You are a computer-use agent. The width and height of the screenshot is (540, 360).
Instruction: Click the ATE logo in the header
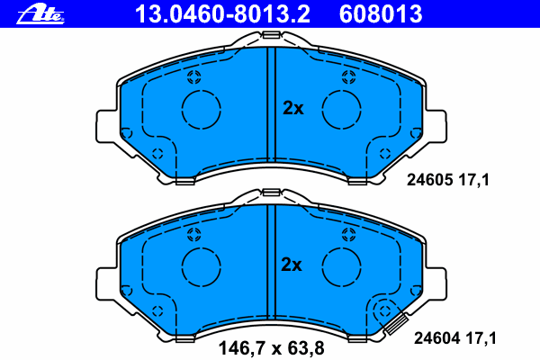(x=40, y=14)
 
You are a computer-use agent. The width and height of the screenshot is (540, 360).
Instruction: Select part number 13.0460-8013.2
(x=223, y=14)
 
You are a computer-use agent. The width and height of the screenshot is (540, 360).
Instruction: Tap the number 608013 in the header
(x=381, y=14)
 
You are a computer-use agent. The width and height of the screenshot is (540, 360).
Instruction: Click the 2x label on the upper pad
(x=293, y=108)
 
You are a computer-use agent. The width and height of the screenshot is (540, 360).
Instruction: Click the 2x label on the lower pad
(x=292, y=265)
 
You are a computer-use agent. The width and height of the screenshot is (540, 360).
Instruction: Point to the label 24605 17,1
(x=447, y=180)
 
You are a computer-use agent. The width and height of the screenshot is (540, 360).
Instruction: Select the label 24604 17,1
(x=455, y=338)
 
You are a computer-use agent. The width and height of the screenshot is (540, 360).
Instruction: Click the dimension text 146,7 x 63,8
(x=272, y=348)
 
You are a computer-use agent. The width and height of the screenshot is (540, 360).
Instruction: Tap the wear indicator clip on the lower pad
(x=396, y=323)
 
